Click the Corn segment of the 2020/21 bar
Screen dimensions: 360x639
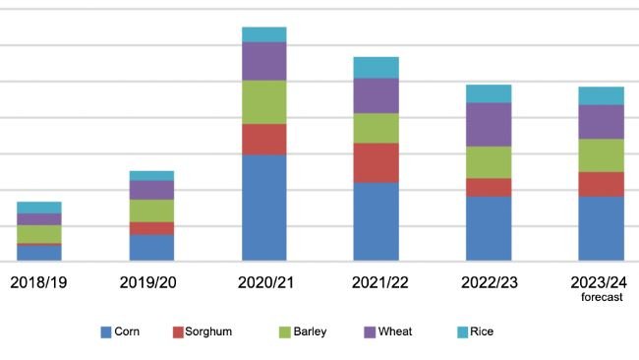(263, 208)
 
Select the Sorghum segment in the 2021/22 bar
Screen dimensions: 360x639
(376, 162)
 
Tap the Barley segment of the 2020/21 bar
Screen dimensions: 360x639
(263, 101)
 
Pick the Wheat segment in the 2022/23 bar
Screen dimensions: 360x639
(489, 124)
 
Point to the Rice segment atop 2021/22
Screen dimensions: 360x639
(376, 67)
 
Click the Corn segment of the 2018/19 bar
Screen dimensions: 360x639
(39, 252)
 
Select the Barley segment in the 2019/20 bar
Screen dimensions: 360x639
(151, 210)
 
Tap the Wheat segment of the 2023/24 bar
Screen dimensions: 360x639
(601, 121)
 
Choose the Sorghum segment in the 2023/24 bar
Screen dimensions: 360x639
(601, 184)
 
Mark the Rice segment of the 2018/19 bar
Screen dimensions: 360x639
(39, 207)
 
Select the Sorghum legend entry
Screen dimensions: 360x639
(203, 331)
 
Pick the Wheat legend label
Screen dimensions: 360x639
(396, 331)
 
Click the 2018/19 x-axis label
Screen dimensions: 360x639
(38, 282)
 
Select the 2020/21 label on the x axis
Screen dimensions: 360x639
(263, 282)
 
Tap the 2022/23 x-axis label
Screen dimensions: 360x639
(489, 282)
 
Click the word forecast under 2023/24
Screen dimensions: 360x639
(601, 297)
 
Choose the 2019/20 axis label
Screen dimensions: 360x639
(151, 282)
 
